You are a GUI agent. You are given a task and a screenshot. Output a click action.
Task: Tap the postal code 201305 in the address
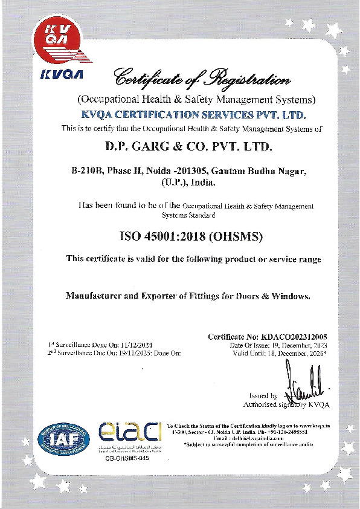point(202,171)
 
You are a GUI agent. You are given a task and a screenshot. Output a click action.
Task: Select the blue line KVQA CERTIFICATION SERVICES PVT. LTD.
point(194,114)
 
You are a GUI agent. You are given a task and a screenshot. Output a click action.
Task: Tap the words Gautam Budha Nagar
point(269,171)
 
